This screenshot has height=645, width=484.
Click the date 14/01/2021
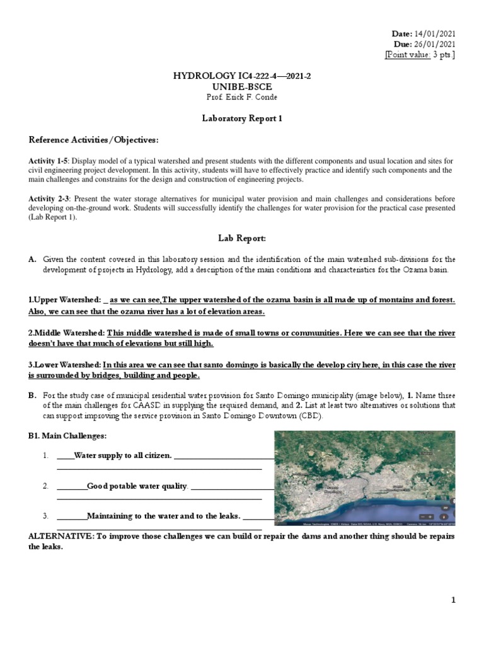pyautogui.click(x=434, y=33)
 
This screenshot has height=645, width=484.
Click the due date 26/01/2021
pyautogui.click(x=434, y=44)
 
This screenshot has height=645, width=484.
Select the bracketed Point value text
pyautogui.click(x=420, y=55)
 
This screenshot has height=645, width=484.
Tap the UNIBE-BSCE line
pyautogui.click(x=242, y=87)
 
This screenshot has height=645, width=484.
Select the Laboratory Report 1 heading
pyautogui.click(x=242, y=118)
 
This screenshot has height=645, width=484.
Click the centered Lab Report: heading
pyautogui.click(x=242, y=239)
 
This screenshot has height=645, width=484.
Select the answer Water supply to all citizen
pyautogui.click(x=122, y=455)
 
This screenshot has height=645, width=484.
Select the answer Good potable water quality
pyautogui.click(x=137, y=486)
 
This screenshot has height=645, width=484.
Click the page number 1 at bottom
pyautogui.click(x=452, y=601)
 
